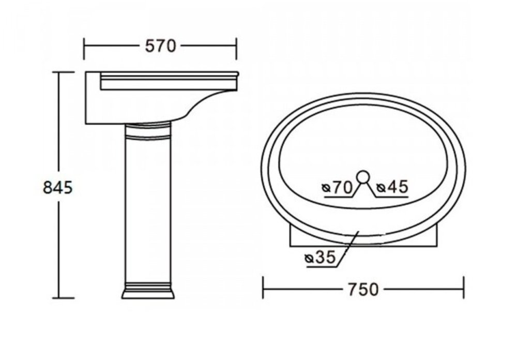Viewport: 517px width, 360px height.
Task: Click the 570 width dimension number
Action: coord(161,46)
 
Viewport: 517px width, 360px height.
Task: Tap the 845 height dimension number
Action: coord(58,188)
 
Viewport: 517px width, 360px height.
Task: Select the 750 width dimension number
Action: coord(363,290)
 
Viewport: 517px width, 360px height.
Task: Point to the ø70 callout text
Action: coord(338,187)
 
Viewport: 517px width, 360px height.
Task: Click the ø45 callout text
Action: coord(393,187)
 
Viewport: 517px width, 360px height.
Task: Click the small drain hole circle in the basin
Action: coord(363,176)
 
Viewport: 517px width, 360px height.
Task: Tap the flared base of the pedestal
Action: coord(148,293)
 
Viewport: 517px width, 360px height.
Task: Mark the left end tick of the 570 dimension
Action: coord(84,49)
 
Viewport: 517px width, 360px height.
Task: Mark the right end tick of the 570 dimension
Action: coord(236,49)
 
